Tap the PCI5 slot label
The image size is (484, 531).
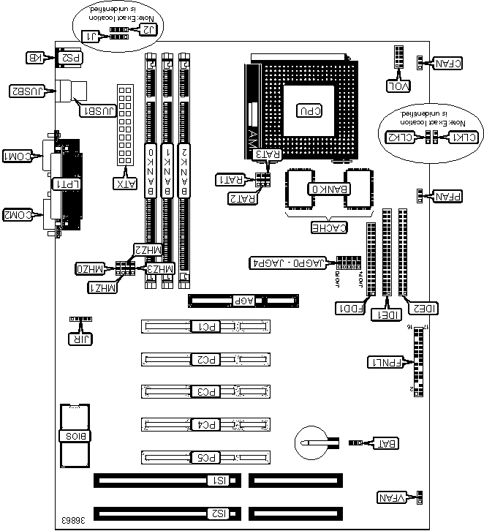(208, 458)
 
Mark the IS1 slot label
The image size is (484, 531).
(218, 481)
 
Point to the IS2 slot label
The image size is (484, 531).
(218, 513)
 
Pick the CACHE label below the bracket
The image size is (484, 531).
(328, 227)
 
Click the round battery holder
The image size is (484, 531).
(314, 442)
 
